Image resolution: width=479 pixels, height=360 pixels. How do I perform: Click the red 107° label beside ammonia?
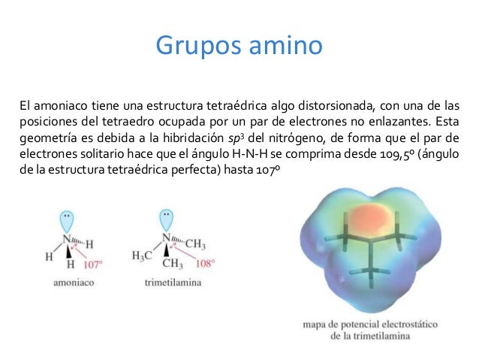92,265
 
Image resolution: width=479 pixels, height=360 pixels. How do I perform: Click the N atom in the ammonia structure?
68,241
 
